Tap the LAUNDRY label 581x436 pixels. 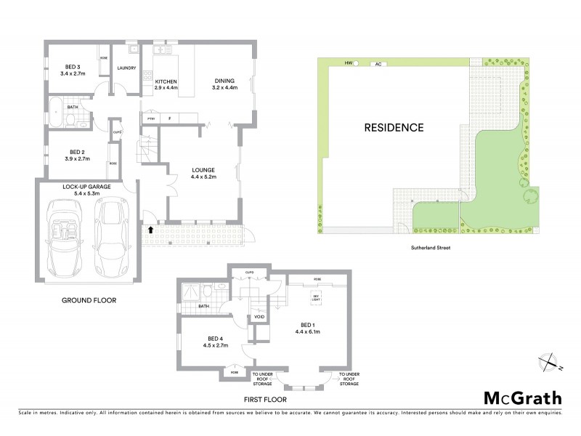coord(127,68)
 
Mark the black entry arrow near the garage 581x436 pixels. coord(151,230)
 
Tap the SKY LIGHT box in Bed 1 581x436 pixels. coord(316,298)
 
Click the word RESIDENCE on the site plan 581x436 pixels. coord(394,128)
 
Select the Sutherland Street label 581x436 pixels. coord(434,247)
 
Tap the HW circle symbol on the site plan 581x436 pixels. coord(356,64)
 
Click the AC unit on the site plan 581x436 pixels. coord(378,64)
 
